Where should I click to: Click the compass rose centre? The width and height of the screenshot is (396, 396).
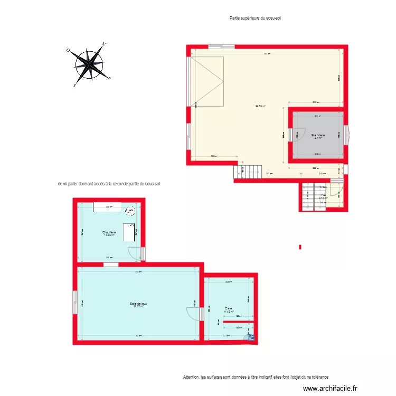91,64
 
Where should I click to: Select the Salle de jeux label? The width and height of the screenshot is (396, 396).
138,304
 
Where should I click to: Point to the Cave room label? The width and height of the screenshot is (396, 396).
229,309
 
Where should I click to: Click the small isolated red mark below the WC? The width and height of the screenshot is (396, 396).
300,246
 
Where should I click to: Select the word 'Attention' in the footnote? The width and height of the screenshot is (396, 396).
191,377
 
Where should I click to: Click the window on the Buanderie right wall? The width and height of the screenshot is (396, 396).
346,135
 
